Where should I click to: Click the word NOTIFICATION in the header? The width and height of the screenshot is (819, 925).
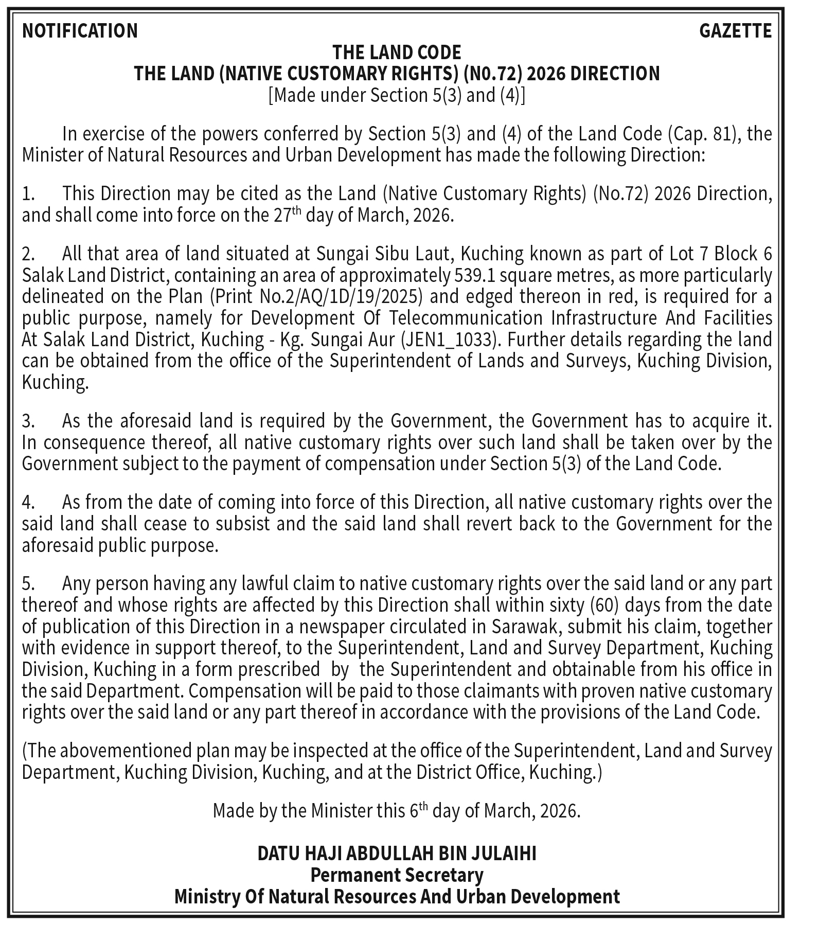pos(80,31)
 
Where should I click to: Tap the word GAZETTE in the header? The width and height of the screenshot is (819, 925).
pos(735,31)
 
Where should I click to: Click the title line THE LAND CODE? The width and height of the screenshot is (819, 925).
pos(397,52)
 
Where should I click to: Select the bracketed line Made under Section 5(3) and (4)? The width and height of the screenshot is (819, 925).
pos(397,96)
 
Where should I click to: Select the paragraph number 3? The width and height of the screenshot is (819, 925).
pos(28,421)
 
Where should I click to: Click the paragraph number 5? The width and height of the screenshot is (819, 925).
pos(28,584)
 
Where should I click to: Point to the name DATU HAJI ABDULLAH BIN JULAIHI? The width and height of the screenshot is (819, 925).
pos(397,853)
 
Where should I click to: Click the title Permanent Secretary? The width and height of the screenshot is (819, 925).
pos(397,875)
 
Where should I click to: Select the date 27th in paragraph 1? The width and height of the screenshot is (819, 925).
pos(287,215)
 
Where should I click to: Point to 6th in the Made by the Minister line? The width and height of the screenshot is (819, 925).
pos(418,811)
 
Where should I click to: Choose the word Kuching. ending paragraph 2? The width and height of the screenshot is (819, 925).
pos(55,383)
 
